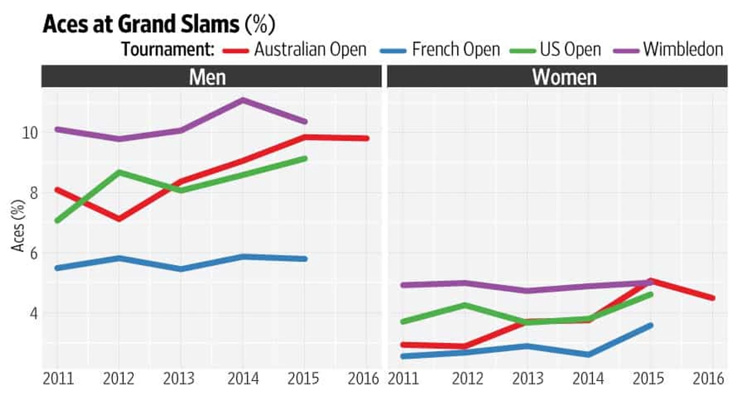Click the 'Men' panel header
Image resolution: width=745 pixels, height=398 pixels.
[x=208, y=77]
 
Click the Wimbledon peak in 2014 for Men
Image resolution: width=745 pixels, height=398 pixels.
[x=243, y=99]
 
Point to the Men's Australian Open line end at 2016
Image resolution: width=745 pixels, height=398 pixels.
[x=366, y=138]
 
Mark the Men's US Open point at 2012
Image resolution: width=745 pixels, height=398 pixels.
[x=119, y=172]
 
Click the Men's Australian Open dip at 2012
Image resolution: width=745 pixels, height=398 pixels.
[x=119, y=219]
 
